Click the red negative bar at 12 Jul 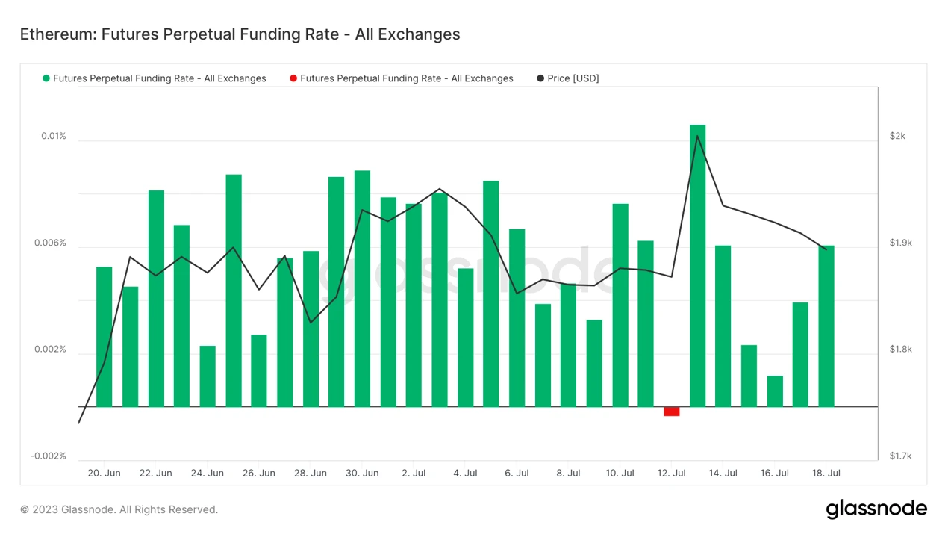[671, 412]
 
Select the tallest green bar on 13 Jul [697, 265]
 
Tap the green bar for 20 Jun [105, 336]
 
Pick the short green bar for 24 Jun [208, 376]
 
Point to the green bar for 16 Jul [775, 391]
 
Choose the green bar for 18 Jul [826, 326]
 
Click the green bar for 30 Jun [362, 288]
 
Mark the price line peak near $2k [697, 135]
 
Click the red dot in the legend [293, 78]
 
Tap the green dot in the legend [46, 78]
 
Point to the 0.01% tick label [54, 136]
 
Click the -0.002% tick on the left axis [49, 456]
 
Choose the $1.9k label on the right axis [901, 243]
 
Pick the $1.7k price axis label [901, 456]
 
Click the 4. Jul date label [465, 473]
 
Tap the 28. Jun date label [310, 473]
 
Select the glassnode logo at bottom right [876, 509]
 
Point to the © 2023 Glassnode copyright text [119, 509]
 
